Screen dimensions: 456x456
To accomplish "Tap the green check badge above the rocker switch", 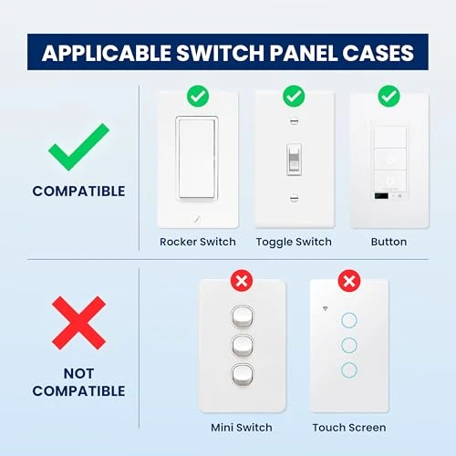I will coord(197,95).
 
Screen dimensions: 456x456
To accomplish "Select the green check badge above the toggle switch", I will coord(293,95).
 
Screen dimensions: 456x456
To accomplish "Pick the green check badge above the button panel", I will coord(389,95).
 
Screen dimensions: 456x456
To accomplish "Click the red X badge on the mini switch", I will coord(242,281).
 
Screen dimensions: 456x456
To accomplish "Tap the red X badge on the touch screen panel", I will coord(348,281).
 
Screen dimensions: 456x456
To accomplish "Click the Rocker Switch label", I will coord(197,242).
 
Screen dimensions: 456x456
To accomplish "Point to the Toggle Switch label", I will coord(293,242).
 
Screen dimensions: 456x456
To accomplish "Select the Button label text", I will coord(389,242).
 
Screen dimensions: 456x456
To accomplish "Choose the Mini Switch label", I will coord(242,427).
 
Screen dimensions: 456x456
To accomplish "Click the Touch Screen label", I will coord(348,427).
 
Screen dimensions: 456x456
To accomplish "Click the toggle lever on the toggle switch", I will coord(293,160).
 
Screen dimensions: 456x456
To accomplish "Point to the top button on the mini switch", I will coord(242,316).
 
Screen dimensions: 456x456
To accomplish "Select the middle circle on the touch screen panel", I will coord(348,345).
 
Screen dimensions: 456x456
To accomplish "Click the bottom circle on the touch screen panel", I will coord(348,369).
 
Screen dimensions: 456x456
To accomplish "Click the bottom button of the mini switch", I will coord(242,375).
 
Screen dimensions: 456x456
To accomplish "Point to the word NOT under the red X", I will coord(78,372).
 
